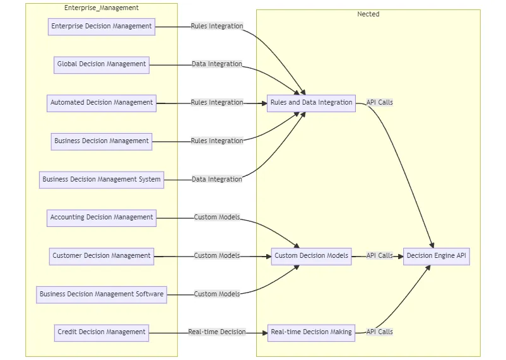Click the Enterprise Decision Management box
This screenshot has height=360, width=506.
tap(102, 26)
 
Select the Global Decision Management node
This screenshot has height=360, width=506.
tap(102, 64)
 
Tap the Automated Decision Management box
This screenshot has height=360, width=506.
tap(102, 103)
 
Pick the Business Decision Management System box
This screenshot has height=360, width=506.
tap(102, 180)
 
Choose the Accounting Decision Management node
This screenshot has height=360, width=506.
tap(102, 218)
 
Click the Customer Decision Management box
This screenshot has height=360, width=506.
tap(102, 256)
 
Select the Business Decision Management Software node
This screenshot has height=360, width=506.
tap(102, 294)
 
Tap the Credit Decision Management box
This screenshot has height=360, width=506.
tap(102, 332)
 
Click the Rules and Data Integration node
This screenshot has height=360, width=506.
tap(311, 103)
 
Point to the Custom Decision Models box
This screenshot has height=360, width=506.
tap(311, 256)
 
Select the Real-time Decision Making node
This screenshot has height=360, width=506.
tap(311, 332)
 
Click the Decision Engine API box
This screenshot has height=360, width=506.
tap(437, 256)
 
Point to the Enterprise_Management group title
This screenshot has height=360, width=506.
tap(102, 8)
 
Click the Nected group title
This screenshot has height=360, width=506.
tap(368, 14)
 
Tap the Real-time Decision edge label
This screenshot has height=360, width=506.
tap(216, 332)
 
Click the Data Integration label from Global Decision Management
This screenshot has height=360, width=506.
tap(217, 64)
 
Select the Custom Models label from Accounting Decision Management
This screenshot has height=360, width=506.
tap(217, 218)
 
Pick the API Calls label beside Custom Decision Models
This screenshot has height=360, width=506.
tap(380, 256)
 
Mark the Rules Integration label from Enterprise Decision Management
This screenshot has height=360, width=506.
tap(217, 26)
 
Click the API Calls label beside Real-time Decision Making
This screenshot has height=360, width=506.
tap(380, 332)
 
